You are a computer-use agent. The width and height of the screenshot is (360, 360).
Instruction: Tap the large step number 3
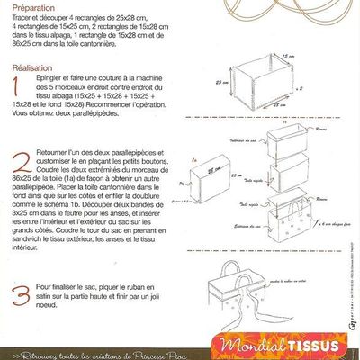coord(15,295)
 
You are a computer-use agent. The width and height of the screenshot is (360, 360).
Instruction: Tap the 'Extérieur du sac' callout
coord(243,237)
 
